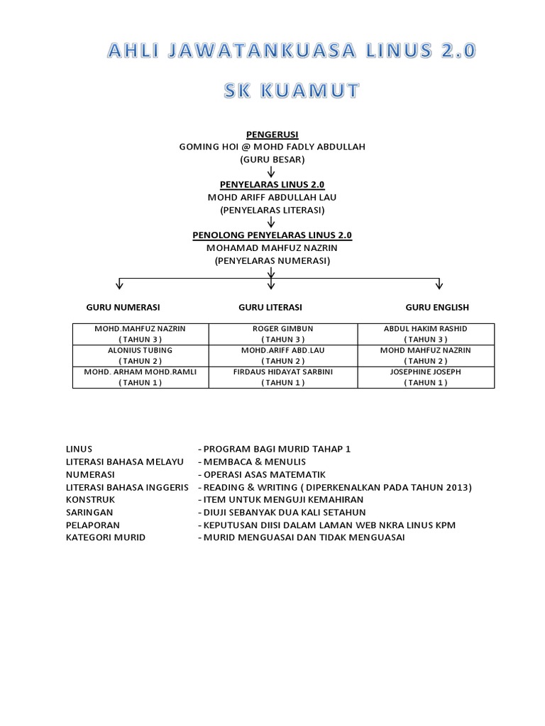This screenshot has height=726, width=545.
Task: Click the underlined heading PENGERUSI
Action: [272, 134]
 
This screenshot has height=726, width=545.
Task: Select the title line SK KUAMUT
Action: [291, 91]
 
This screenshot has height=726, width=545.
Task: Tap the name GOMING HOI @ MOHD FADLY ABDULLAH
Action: [272, 147]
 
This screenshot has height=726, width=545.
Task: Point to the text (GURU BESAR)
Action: [272, 160]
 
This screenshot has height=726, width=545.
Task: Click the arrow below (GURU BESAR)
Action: [271, 172]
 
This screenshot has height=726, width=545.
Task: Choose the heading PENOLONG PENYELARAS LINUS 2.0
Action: [272, 235]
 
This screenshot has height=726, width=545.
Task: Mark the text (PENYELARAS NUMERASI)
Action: [272, 261]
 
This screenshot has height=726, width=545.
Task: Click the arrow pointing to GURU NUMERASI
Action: [119, 284]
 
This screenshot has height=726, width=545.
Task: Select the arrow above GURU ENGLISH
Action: [439, 284]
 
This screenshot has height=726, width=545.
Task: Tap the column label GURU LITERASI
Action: [270, 307]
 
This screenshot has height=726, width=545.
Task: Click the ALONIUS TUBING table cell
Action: [140, 355]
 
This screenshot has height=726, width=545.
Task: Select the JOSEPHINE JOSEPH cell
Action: [426, 377]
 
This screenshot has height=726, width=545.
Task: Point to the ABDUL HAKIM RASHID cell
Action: [426, 334]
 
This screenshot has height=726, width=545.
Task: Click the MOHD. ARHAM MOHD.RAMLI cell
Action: [140, 377]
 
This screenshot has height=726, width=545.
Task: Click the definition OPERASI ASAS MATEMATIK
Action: [264, 474]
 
